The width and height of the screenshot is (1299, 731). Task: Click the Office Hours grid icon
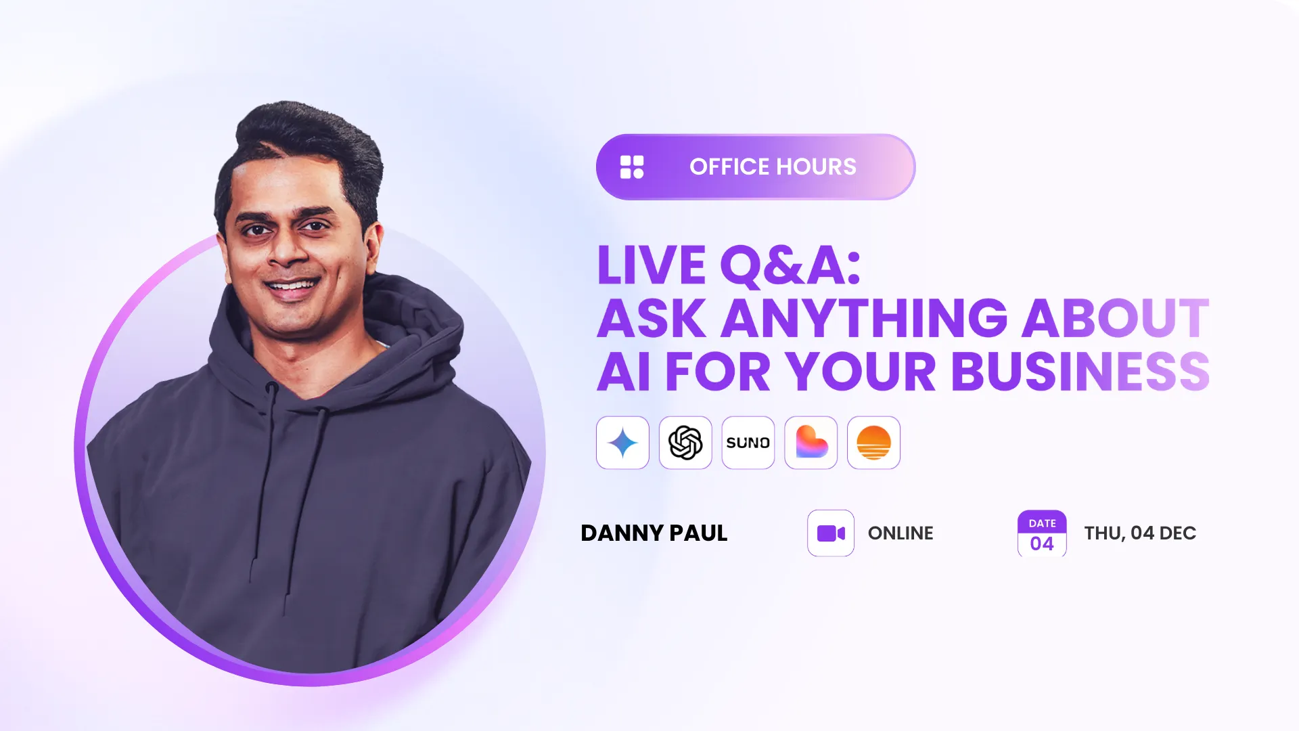[x=632, y=167]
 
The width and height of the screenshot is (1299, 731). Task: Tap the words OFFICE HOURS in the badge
[x=773, y=167]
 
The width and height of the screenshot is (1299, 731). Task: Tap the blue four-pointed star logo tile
[x=622, y=443]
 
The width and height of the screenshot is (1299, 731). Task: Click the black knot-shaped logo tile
[x=685, y=443]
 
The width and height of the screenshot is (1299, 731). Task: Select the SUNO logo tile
[x=748, y=443]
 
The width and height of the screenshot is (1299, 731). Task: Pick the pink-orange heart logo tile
[x=811, y=443]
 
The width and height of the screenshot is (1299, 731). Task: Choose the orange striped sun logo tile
[x=873, y=443]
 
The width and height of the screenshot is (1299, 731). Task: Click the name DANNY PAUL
[x=654, y=533]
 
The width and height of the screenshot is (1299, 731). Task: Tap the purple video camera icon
[x=831, y=533]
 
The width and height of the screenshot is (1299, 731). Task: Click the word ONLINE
[x=901, y=533]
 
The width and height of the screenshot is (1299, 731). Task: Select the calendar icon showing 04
[x=1042, y=533]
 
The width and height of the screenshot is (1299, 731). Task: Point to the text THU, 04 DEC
[x=1140, y=533]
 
